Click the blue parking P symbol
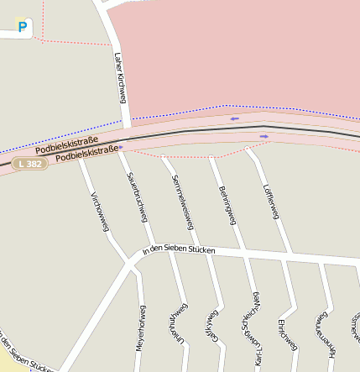click(23, 27)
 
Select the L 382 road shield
click(29, 164)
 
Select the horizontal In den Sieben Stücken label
click(180, 250)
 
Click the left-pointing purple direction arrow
click(234, 118)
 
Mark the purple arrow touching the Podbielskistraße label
click(122, 147)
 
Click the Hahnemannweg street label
click(323, 333)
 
